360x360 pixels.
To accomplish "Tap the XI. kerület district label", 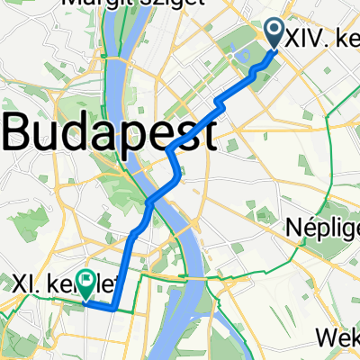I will (x=63, y=285).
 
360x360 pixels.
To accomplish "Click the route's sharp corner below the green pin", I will (x=113, y=308).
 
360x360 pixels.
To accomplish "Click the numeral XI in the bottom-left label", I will (x=22, y=285).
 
